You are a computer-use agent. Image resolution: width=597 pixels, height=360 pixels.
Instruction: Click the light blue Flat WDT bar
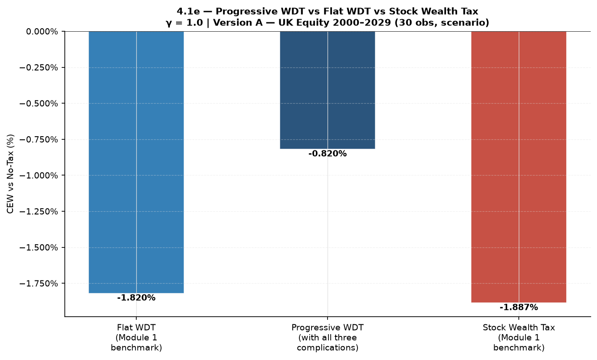click(x=136, y=162)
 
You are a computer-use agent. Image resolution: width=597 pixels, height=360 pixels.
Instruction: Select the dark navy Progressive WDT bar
click(x=327, y=90)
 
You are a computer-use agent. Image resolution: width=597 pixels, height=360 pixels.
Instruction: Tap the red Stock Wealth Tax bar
click(x=519, y=167)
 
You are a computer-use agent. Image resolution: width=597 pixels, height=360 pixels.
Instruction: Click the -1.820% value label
click(x=136, y=297)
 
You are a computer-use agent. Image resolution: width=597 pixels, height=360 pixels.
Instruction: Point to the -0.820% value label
click(x=327, y=154)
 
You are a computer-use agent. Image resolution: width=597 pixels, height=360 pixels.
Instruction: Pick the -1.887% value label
click(x=519, y=307)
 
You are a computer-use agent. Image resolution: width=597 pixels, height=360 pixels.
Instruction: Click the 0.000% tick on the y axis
click(x=42, y=32)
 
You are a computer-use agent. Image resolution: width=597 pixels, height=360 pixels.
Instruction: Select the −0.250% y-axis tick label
click(x=38, y=68)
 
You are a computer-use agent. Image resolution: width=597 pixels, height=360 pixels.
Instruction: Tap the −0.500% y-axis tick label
click(x=38, y=103)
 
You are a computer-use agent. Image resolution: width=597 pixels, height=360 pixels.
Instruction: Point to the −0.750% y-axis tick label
click(x=38, y=139)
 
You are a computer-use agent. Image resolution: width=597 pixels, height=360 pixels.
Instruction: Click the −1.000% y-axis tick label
click(x=38, y=176)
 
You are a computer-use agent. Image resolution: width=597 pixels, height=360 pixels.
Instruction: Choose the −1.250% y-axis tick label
click(x=38, y=212)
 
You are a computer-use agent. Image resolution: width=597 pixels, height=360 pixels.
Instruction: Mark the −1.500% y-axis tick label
click(x=38, y=247)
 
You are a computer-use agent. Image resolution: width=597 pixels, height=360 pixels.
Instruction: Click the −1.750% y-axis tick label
click(x=38, y=284)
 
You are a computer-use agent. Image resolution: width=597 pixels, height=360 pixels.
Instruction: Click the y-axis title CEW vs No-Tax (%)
click(x=10, y=174)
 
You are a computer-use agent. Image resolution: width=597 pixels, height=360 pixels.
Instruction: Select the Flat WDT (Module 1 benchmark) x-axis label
click(x=136, y=338)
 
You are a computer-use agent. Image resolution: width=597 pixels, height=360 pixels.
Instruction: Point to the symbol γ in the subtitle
click(x=169, y=23)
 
